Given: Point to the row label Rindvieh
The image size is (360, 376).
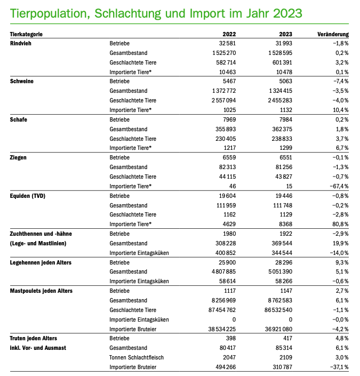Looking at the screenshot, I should (21, 43).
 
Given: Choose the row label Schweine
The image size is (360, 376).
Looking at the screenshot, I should (22, 82).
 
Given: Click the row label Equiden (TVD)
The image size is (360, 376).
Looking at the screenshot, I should (28, 196).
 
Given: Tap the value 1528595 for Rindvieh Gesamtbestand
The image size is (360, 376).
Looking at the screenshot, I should (277, 53).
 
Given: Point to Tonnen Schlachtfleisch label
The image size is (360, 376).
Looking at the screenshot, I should (135, 358).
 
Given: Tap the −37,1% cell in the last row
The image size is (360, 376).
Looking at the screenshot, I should (338, 367).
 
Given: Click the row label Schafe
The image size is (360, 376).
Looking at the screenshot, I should (19, 119).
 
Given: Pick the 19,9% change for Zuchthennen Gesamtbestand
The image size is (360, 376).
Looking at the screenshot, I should (339, 244).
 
